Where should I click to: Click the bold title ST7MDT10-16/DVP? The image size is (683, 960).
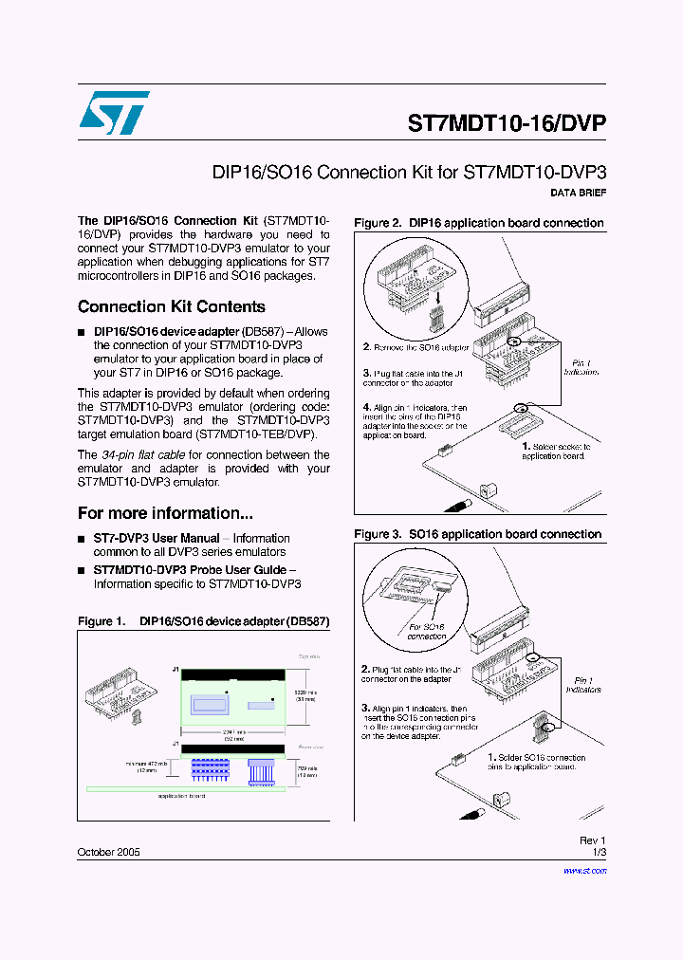tap(506, 123)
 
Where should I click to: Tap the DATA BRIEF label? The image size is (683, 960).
tap(578, 194)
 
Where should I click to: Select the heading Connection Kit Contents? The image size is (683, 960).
tap(172, 306)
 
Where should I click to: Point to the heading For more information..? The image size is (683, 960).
tap(165, 513)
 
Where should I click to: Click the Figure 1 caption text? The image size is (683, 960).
tap(203, 622)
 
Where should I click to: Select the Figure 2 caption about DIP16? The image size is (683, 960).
tap(478, 223)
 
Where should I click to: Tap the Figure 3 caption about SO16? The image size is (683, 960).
tap(478, 534)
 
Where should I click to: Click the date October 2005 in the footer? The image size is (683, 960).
tap(108, 853)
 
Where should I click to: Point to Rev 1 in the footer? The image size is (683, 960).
tap(592, 840)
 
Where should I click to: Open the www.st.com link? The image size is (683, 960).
tap(578, 870)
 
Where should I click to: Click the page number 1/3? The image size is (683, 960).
tap(598, 853)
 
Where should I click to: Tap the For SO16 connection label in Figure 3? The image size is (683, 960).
tap(427, 632)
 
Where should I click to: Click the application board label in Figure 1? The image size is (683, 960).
tap(181, 796)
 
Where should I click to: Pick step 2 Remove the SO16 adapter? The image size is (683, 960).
tap(416, 348)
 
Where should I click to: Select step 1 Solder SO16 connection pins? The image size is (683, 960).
tap(537, 762)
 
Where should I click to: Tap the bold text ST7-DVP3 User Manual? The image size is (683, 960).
tap(157, 538)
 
